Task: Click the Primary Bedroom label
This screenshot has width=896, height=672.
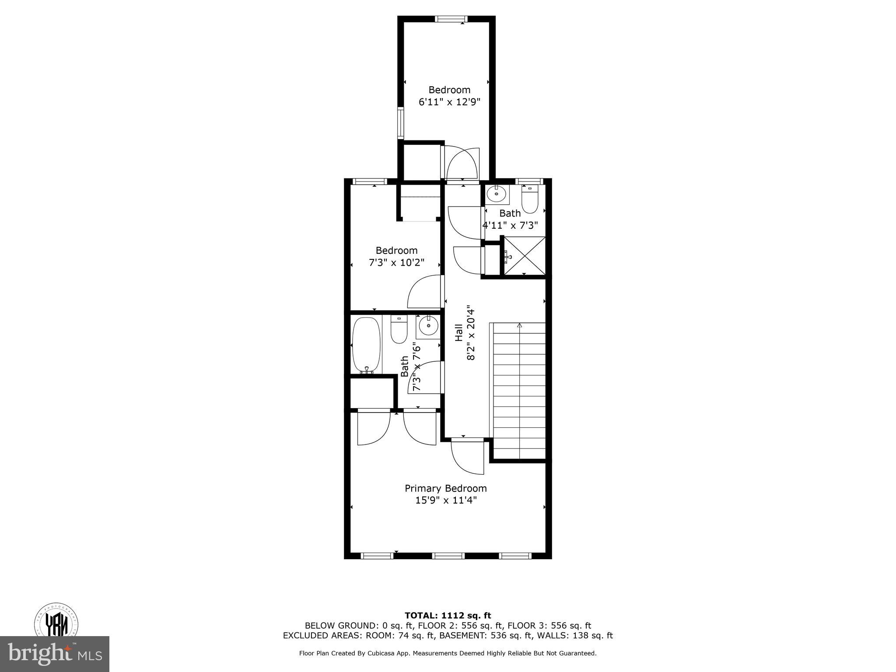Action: (445, 488)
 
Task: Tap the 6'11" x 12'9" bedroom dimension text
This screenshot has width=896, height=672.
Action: (449, 102)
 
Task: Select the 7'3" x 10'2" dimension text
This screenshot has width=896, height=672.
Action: (396, 263)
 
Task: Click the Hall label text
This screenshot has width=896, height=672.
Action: (458, 332)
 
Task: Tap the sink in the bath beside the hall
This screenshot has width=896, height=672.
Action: (428, 326)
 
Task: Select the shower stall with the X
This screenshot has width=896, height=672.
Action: (525, 256)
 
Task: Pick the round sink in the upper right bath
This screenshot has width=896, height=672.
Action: (497, 193)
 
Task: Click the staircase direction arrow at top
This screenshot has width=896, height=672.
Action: (519, 325)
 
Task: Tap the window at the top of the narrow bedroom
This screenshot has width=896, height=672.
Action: (451, 19)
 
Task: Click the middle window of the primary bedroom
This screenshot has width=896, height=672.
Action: (448, 556)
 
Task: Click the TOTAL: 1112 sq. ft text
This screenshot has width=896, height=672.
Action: (448, 616)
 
